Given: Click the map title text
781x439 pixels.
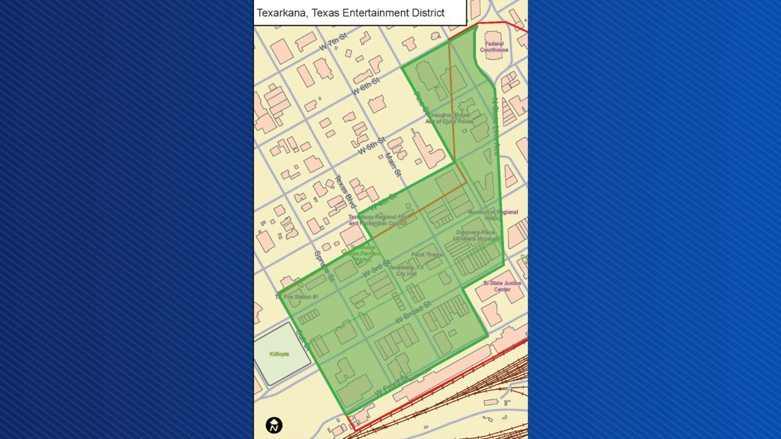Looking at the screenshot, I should pos(350,13).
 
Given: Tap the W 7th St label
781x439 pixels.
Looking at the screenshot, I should pos(333,42).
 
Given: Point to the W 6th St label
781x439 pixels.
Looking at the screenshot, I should pos(365,86).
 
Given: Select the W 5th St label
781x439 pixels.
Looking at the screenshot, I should pos(372,146).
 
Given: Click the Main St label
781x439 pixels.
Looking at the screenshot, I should pos(393,164).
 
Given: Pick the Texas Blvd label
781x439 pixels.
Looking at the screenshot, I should pos(345,191).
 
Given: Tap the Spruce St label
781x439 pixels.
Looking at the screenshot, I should pos(324,266).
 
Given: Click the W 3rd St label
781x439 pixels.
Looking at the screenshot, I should pos(376,268).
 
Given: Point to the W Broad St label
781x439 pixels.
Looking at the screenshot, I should pos(413,311).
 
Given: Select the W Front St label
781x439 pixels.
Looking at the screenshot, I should pos(391,386).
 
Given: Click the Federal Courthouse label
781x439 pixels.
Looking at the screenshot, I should pos(494,47).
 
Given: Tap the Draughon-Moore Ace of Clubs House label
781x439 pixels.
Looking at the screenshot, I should pos(450,118).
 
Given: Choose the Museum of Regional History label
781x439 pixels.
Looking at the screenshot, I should pos(492,215).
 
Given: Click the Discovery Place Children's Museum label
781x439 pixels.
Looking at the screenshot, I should pos(476,236).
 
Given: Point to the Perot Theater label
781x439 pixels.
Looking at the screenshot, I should pos(427,255).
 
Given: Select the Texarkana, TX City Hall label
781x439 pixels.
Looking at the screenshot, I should pos(407,270).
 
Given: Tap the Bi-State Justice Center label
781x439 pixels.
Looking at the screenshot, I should pos(502,286).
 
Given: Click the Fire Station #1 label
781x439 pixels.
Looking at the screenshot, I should pos(298,297).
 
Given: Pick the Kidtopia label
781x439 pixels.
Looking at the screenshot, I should pos(279,354).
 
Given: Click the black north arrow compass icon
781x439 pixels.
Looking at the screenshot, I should pos(274,425).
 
